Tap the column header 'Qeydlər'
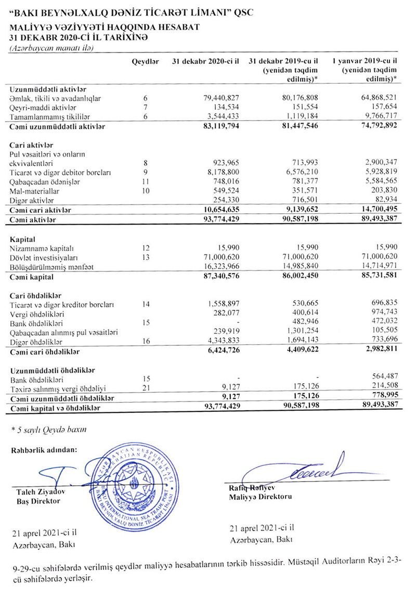click(x=145, y=62)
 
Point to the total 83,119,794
click(x=219, y=126)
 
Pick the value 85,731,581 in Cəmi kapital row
click(x=374, y=276)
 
